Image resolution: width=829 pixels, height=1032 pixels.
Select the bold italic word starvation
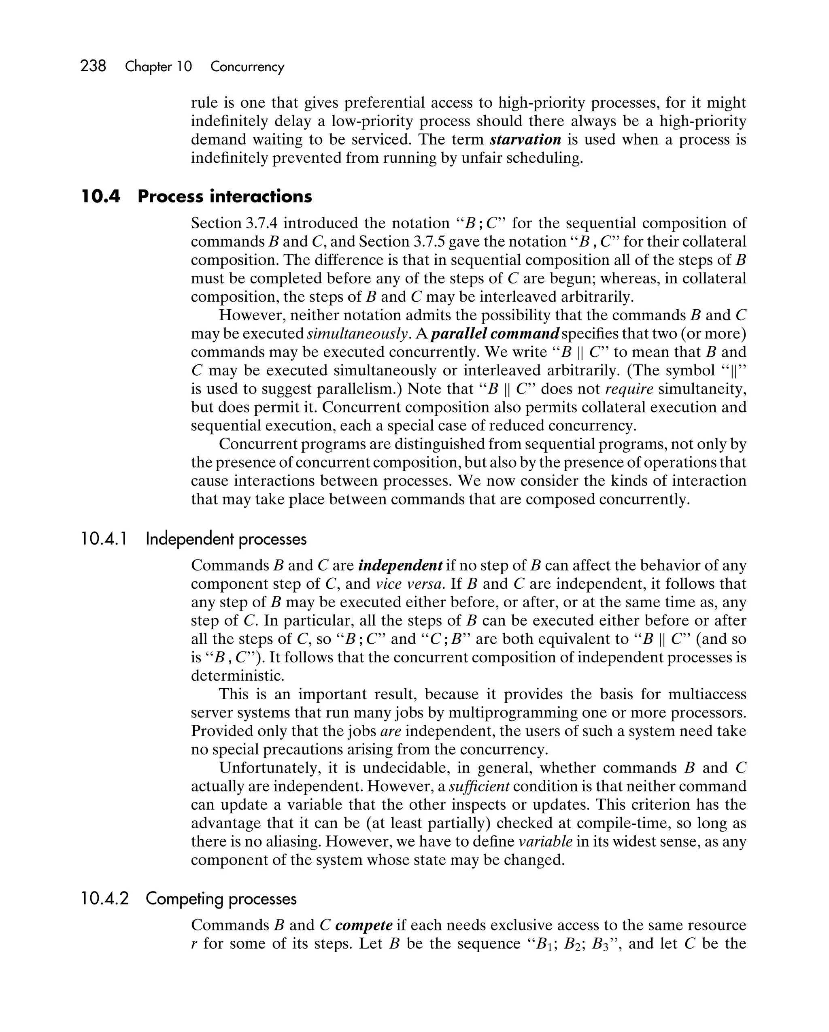click(x=525, y=139)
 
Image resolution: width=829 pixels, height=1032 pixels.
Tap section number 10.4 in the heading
click(x=100, y=196)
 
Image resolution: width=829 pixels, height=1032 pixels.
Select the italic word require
click(x=629, y=389)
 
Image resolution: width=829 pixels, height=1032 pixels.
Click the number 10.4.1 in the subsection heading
click(x=104, y=539)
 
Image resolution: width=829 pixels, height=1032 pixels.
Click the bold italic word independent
click(x=400, y=565)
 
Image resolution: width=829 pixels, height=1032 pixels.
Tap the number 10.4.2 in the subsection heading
click(x=105, y=899)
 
